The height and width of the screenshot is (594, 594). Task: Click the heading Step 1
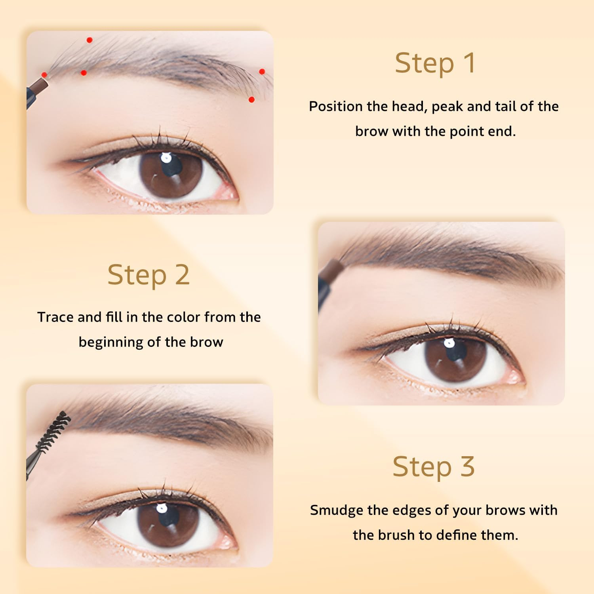pyautogui.click(x=435, y=63)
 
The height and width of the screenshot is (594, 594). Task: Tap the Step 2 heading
pyautogui.click(x=148, y=275)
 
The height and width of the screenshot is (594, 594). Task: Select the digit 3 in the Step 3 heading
pyautogui.click(x=467, y=466)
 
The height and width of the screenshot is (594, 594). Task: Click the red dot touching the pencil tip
pyautogui.click(x=44, y=75)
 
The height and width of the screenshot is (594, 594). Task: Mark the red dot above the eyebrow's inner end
pyautogui.click(x=89, y=40)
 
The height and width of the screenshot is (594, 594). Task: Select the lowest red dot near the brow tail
pyautogui.click(x=251, y=99)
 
